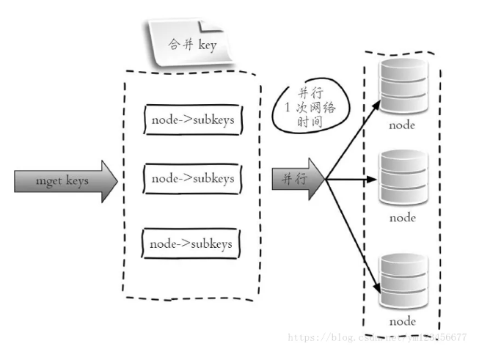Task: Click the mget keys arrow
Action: click(x=65, y=179)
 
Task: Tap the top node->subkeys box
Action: click(x=192, y=119)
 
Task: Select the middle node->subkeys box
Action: click(x=192, y=178)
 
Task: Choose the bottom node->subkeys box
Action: click(x=192, y=243)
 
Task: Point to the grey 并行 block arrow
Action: click(x=298, y=178)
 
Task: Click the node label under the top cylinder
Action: click(x=402, y=125)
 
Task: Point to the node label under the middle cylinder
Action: click(x=402, y=217)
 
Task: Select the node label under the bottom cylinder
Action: click(x=402, y=321)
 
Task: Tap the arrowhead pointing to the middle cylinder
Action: click(x=376, y=179)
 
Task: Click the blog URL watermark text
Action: click(x=377, y=338)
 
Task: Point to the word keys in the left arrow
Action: click(x=76, y=179)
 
